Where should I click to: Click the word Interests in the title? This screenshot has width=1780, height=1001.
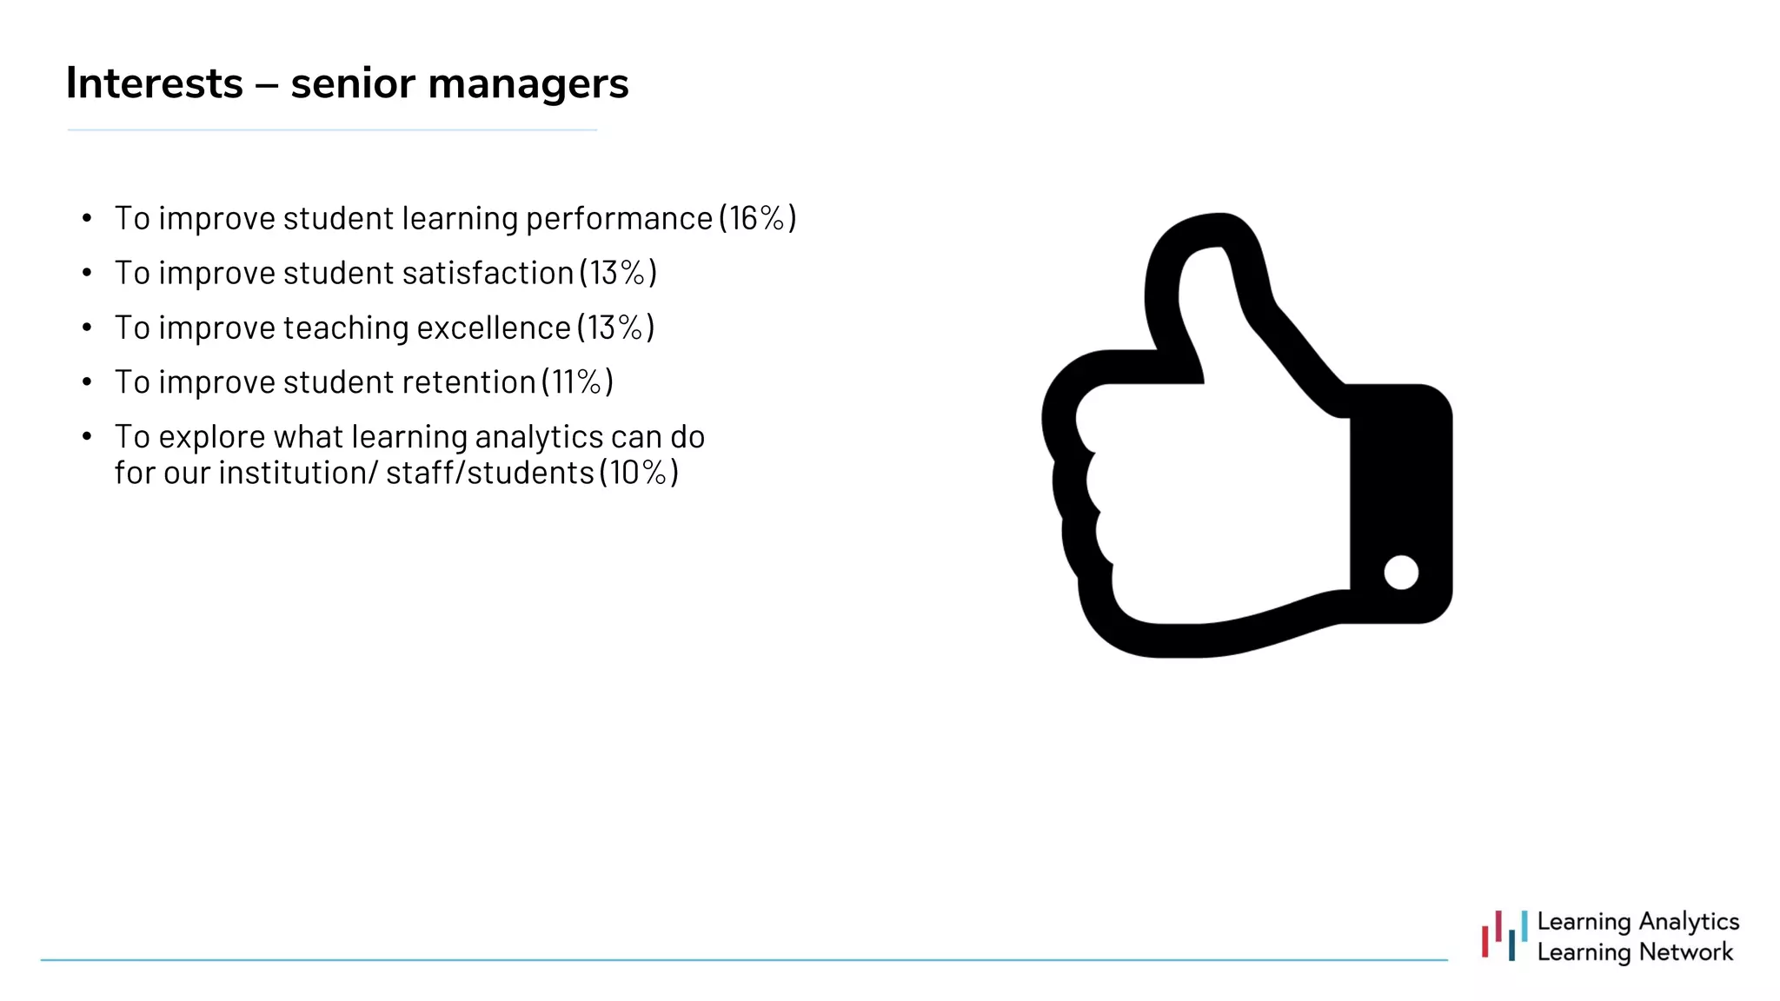point(155,83)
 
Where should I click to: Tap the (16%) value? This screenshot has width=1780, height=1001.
point(757,218)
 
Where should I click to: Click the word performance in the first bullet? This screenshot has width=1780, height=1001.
point(619,218)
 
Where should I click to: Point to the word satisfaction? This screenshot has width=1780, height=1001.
point(488,273)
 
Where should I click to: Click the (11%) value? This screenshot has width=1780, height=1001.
point(577,382)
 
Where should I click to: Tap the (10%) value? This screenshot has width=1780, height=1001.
point(639,473)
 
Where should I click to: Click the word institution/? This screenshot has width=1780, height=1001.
point(297,473)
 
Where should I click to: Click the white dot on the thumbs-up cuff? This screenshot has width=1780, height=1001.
point(1401,573)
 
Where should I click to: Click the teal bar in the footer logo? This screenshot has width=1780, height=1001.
point(1524,925)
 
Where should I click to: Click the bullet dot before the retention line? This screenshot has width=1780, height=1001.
point(87,382)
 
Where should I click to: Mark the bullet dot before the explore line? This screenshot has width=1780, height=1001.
point(87,436)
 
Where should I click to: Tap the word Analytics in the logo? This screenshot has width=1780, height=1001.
point(1689,921)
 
